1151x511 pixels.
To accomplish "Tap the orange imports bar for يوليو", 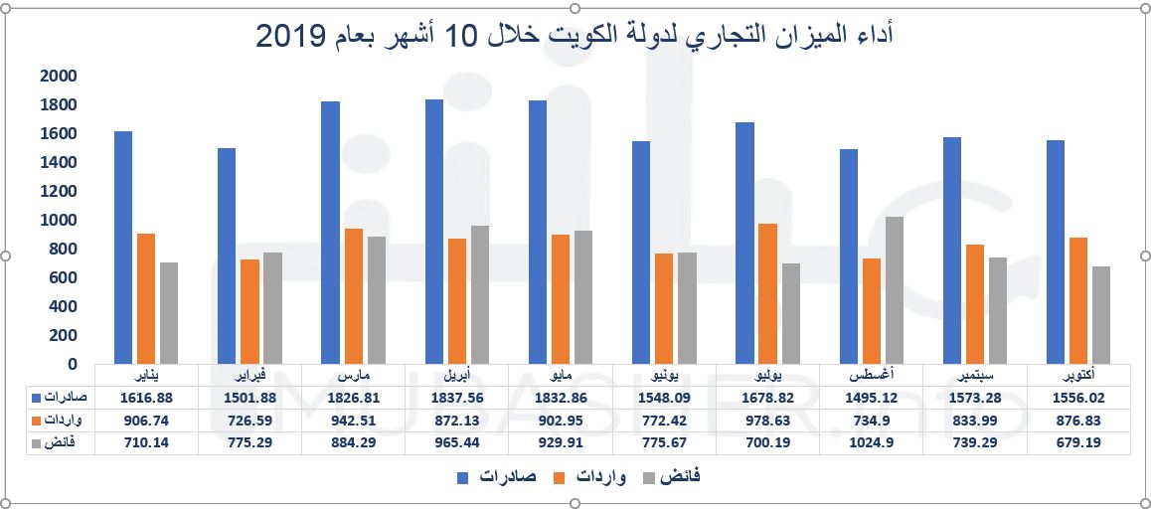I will [x=768, y=293].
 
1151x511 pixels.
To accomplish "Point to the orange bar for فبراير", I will [x=250, y=311].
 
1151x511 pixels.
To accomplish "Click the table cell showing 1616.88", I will [x=146, y=397].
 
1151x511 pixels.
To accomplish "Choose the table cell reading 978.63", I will [x=767, y=420].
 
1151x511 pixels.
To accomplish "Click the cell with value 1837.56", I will [x=456, y=397].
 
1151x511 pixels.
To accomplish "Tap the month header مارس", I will [x=353, y=376].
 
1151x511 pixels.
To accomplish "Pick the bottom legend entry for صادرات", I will [x=506, y=478].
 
